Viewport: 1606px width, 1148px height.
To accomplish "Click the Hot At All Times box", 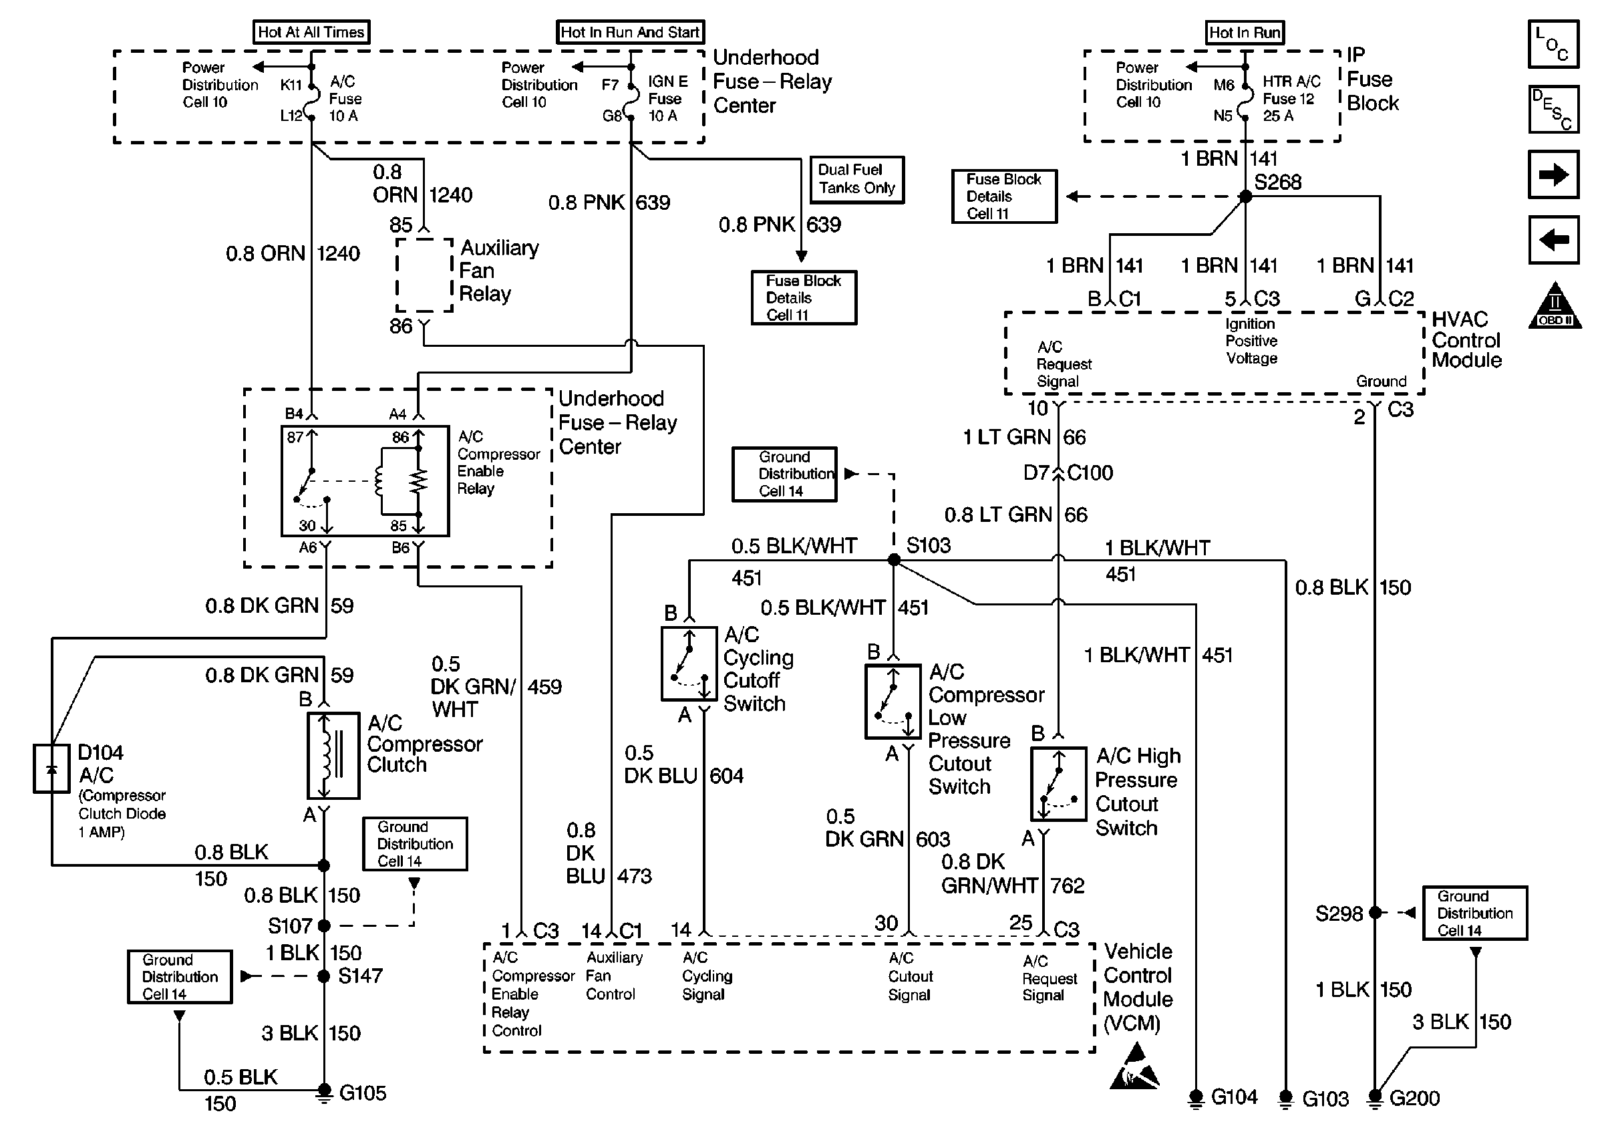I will [x=311, y=33].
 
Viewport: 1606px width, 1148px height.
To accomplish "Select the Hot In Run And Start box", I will [x=629, y=33].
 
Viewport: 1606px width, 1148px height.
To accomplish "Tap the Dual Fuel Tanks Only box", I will [x=856, y=180].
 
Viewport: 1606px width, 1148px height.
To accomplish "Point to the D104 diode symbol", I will [x=51, y=768].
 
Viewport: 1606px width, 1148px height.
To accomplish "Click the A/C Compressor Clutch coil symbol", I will [x=333, y=756].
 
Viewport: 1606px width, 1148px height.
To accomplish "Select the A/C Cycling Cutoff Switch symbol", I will [x=689, y=664].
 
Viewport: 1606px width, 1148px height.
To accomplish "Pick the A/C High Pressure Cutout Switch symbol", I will [x=1058, y=784].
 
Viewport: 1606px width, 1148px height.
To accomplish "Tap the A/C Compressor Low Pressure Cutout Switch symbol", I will [x=893, y=702].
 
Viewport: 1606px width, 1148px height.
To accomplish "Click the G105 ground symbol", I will [x=323, y=1093].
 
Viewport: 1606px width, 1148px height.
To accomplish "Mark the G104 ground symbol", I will [x=1196, y=1098].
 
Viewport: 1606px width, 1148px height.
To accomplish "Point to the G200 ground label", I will [x=1414, y=1099].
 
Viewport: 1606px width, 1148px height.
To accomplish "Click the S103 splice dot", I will [x=894, y=560].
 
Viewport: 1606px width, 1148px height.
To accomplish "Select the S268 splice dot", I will [x=1246, y=196].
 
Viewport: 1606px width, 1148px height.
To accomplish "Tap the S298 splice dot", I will [x=1375, y=913].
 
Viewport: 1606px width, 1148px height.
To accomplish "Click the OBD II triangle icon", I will [x=1555, y=307].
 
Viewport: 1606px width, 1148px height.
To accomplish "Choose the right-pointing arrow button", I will [x=1553, y=174].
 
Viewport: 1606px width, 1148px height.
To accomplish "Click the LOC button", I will [x=1553, y=45].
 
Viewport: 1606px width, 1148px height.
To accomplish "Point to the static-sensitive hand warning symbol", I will [x=1135, y=1066].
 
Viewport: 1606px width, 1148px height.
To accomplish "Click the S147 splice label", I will [x=359, y=976].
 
